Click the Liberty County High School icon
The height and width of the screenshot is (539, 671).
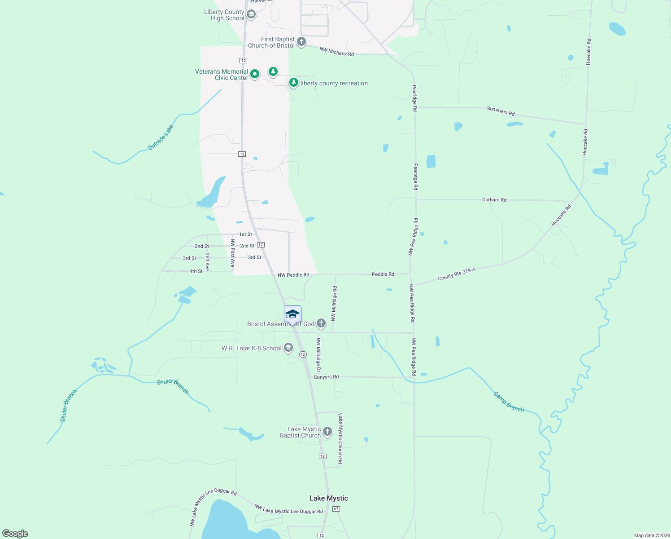coord(251,15)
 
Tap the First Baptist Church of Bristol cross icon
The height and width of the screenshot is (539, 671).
coord(301,42)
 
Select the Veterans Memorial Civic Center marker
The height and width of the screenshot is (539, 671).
coord(255,74)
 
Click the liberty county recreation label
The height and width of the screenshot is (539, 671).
coord(334,84)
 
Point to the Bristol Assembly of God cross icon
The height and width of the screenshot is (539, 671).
coord(321,323)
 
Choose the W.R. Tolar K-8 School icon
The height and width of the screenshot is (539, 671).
coord(288,348)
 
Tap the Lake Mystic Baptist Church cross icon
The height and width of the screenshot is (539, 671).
coord(327,432)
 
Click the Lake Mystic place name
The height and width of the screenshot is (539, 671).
coord(328,498)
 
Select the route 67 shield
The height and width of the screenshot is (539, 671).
coord(336,509)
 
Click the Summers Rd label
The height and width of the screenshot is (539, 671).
coord(501,111)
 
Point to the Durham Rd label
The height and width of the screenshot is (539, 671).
coord(494,200)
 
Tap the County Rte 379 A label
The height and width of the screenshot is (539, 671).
coord(456,274)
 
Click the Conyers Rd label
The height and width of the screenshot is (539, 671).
coord(326,377)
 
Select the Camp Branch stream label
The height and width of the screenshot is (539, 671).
coord(509,402)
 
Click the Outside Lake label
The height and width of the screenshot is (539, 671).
coord(161,137)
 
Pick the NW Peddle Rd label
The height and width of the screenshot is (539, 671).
coord(293,275)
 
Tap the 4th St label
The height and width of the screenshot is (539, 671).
coord(196,271)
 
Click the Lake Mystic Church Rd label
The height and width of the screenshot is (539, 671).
coord(340,438)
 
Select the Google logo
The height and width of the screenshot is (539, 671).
coord(15,534)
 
